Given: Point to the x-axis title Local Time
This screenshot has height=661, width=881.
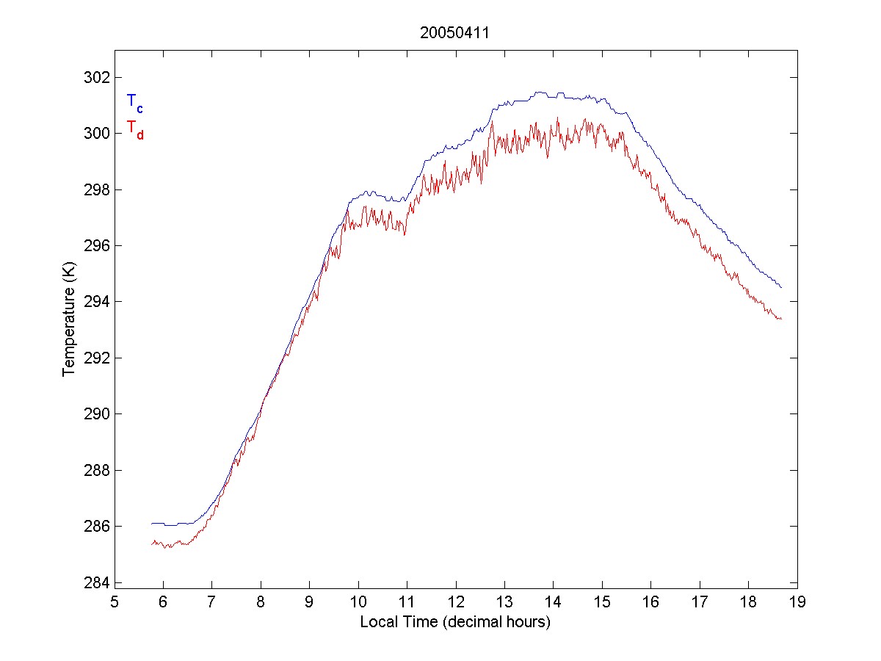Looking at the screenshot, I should pyautogui.click(x=455, y=622).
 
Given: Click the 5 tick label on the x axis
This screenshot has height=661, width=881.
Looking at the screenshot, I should pyautogui.click(x=115, y=603).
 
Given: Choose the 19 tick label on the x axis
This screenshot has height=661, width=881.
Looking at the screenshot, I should pyautogui.click(x=797, y=603).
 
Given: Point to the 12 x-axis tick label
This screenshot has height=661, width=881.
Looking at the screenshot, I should pyautogui.click(x=456, y=603).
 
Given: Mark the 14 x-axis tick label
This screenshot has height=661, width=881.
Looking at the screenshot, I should pyautogui.click(x=554, y=603).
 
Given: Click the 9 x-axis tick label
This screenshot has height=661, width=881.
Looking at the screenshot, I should pyautogui.click(x=310, y=603).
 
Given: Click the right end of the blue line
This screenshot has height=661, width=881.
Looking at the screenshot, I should pyautogui.click(x=781, y=287).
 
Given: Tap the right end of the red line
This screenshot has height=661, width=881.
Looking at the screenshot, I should pyautogui.click(x=781, y=319).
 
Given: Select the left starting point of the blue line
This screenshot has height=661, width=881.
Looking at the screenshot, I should pyautogui.click(x=151, y=524).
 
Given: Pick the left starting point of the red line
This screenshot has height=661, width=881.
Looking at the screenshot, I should pyautogui.click(x=151, y=543).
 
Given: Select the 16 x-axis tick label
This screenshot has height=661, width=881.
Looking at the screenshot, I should pyautogui.click(x=651, y=603).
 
